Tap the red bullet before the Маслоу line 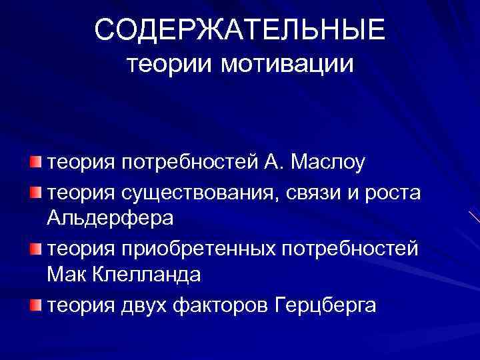(x=35, y=162)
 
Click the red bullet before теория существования (x=35, y=193)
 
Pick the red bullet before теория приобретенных (x=35, y=248)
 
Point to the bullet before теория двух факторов (x=35, y=305)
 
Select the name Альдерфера (x=111, y=218)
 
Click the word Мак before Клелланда (x=67, y=274)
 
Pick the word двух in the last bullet (x=145, y=306)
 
